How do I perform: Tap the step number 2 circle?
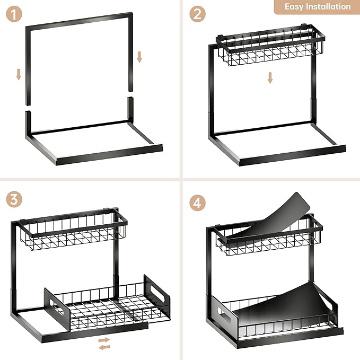198,15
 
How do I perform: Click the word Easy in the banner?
295,7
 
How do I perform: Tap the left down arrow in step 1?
19,74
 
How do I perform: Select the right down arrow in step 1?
139,56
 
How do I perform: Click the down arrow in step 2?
270,77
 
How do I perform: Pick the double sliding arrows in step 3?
104,343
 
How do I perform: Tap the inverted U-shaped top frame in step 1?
80,21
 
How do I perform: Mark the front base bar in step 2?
292,154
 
